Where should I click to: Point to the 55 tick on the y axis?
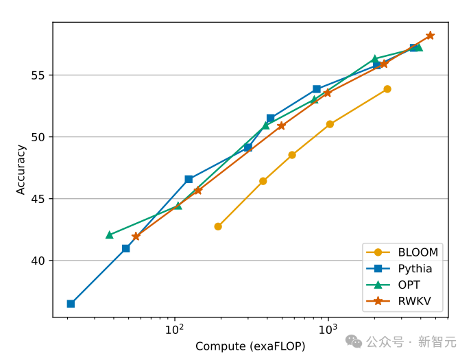(38, 75)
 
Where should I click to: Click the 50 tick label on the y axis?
(38, 137)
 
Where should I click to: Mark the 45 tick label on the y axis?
(38, 199)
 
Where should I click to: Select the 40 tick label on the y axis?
(38, 261)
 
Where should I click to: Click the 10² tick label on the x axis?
(175, 330)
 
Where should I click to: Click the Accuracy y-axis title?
(21, 169)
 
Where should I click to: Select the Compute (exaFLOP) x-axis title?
(250, 347)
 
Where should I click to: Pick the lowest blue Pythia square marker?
(71, 304)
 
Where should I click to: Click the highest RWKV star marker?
(430, 36)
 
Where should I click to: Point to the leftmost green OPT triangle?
(110, 235)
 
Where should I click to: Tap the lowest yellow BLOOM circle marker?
(218, 226)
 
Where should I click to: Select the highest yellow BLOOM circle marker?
(387, 89)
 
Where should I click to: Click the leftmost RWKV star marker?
(136, 237)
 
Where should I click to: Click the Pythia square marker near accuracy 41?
(126, 248)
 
